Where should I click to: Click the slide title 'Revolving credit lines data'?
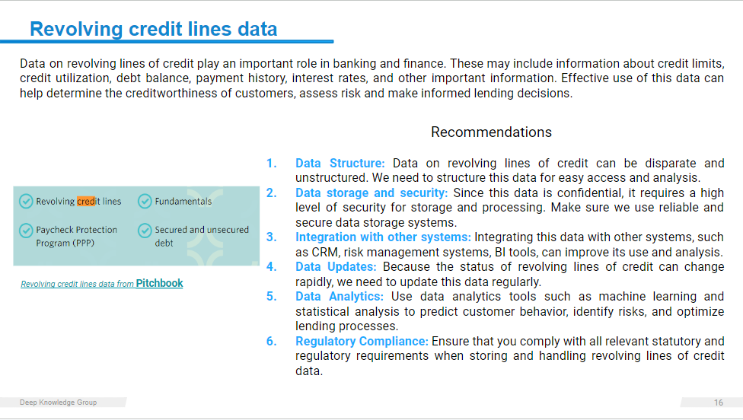point(154,29)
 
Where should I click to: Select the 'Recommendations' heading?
point(491,132)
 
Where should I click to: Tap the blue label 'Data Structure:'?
point(340,164)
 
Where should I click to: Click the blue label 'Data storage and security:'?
point(371,193)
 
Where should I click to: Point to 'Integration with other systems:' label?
point(384,237)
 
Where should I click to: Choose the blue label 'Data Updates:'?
point(336,267)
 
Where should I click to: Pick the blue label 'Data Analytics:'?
point(340,297)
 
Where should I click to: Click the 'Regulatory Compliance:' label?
point(362,342)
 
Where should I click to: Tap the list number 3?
point(271,237)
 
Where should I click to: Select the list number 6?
point(271,342)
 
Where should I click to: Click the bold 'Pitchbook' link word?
point(159,283)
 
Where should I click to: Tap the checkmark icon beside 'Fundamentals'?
point(145,201)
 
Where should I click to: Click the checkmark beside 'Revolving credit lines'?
point(26,201)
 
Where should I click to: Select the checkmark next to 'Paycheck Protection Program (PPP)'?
point(26,231)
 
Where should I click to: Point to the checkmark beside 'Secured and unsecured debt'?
point(145,231)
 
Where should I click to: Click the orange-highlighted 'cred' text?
point(86,201)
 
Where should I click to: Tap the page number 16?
point(719,402)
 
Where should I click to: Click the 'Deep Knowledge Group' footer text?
point(59,402)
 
